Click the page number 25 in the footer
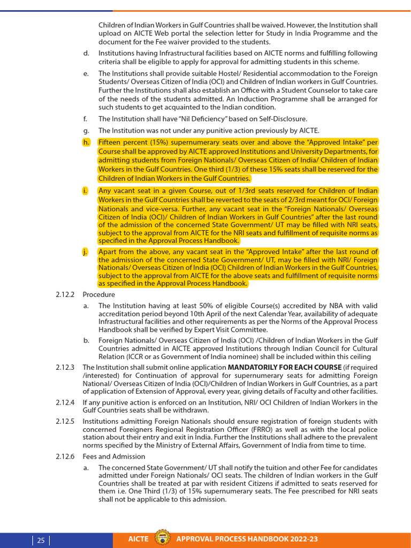[41, 540]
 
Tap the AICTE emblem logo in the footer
[162, 539]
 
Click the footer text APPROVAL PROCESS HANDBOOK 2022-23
[247, 539]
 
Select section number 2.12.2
[66, 294]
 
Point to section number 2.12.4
[66, 402]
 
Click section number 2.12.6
[66, 456]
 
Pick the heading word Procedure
[98, 294]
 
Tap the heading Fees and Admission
[113, 456]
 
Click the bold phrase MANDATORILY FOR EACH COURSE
[285, 368]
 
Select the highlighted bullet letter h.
[86, 142]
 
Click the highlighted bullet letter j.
[85, 252]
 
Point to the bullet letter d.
[86, 54]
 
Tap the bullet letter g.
[86, 131]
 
